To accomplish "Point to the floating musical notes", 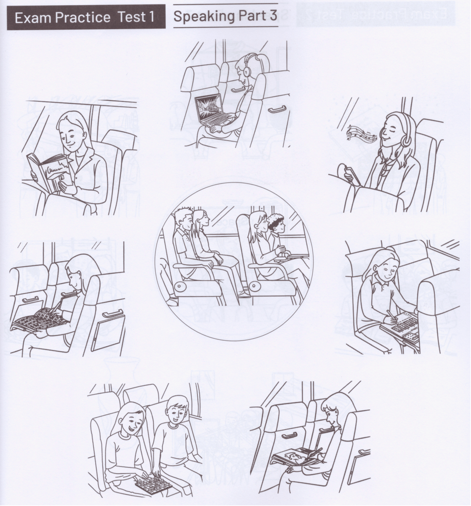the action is pyautogui.click(x=361, y=133).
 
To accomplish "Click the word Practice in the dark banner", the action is pyautogui.click(x=83, y=17).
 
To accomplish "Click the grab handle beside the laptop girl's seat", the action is pyautogui.click(x=277, y=109).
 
